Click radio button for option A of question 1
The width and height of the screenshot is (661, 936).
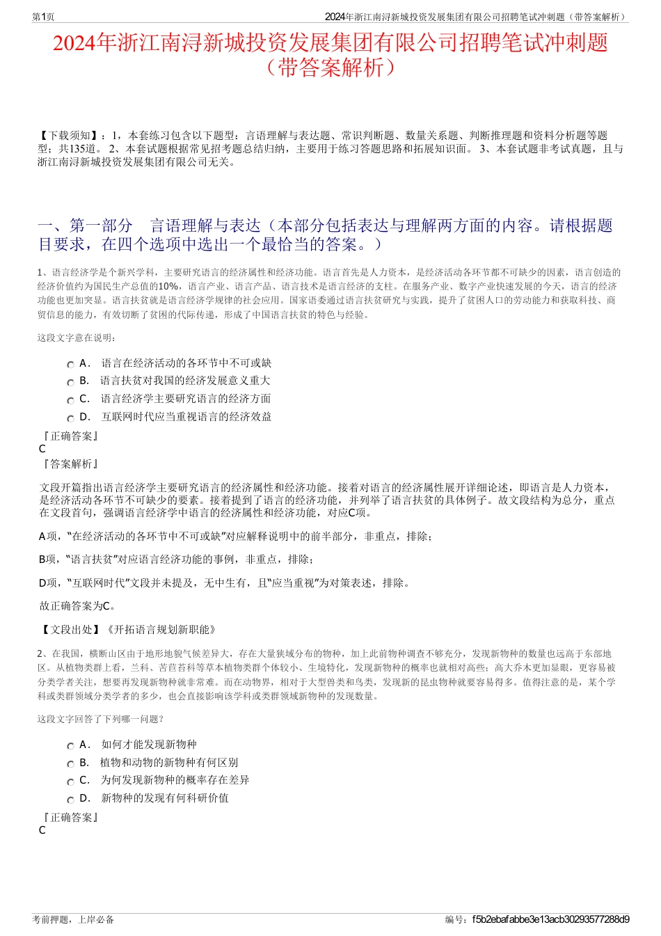(70, 365)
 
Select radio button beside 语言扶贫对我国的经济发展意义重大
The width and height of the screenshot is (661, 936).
(70, 383)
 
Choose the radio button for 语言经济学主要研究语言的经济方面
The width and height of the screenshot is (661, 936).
(70, 401)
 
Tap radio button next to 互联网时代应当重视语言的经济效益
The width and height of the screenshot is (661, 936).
(70, 419)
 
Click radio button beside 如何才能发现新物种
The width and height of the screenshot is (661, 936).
(70, 746)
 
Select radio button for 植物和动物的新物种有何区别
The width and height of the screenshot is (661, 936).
(70, 764)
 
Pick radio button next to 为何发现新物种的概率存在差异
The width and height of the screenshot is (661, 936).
(70, 782)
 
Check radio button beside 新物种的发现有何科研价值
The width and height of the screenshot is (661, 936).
(70, 800)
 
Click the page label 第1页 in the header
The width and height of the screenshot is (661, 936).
(43, 17)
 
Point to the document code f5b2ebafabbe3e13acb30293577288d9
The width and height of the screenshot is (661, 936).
(550, 919)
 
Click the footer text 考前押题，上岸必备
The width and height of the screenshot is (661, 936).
(73, 919)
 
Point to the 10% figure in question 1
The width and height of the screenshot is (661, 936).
(168, 286)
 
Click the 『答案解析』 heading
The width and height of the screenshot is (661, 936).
(70, 464)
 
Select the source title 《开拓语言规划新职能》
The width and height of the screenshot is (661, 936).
(161, 629)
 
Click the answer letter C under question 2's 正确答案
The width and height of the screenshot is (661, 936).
(42, 830)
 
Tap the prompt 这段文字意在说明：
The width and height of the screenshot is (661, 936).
(77, 338)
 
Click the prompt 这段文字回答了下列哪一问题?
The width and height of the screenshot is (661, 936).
(100, 720)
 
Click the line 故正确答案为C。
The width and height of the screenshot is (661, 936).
(78, 605)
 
